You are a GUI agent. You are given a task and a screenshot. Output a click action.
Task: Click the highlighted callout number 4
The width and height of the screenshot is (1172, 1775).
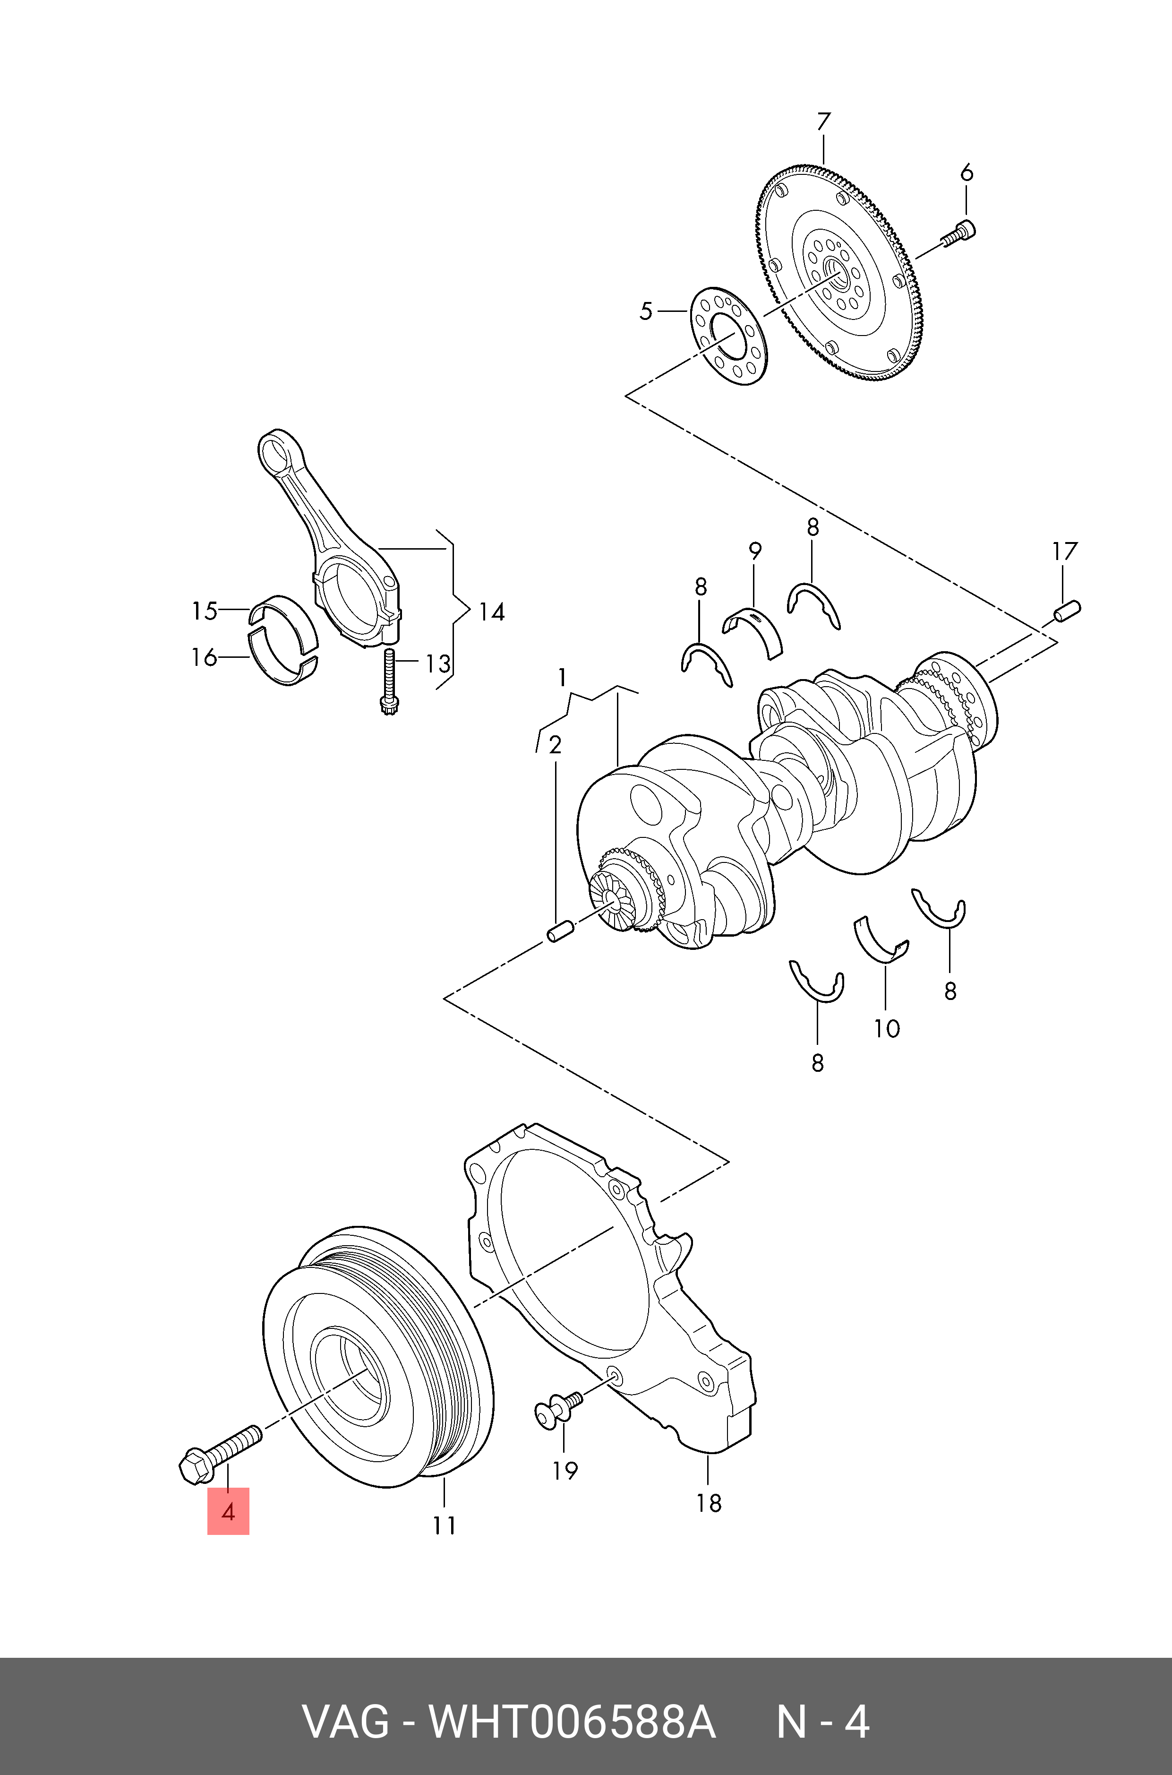pyautogui.click(x=228, y=1511)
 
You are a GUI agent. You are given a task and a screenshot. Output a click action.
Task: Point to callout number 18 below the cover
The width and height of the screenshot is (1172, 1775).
pyautogui.click(x=709, y=1503)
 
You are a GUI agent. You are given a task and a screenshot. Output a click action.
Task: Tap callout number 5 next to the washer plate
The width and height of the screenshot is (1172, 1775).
pyautogui.click(x=646, y=311)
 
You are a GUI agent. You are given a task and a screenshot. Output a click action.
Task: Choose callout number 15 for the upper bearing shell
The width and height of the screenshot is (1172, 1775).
pyautogui.click(x=204, y=611)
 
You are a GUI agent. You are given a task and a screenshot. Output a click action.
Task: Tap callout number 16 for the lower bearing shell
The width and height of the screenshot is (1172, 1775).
pyautogui.click(x=204, y=657)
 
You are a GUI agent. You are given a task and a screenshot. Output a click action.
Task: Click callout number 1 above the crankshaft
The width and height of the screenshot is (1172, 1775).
pyautogui.click(x=562, y=678)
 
